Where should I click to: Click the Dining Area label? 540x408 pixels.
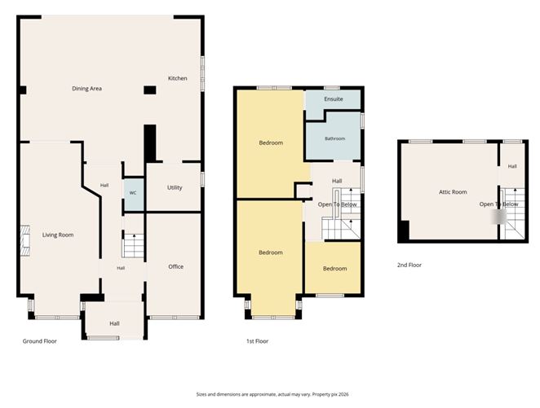(x=86, y=89)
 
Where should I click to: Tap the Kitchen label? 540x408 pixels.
(x=178, y=78)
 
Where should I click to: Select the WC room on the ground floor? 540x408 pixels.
(x=134, y=194)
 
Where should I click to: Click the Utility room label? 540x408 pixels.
(x=175, y=187)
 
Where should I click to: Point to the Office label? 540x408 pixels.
(x=175, y=267)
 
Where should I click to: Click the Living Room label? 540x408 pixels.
(x=58, y=235)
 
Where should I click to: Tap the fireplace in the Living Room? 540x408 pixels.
(x=25, y=240)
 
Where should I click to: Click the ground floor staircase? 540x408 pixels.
(x=133, y=245)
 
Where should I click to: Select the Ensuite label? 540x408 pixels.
(x=334, y=99)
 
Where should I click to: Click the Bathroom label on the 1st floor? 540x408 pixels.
(x=334, y=139)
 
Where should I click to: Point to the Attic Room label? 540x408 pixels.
(x=453, y=192)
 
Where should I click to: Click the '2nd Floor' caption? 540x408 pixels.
(x=409, y=265)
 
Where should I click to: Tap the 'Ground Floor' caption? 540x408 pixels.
(x=40, y=341)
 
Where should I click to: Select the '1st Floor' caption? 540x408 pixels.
(x=257, y=341)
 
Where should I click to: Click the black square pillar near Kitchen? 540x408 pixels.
(x=150, y=90)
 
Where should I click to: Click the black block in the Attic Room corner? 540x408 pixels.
(x=404, y=230)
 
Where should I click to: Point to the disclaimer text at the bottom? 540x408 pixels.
(x=272, y=394)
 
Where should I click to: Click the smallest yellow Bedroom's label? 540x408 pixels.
(x=334, y=269)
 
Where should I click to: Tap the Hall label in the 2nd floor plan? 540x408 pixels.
(x=512, y=166)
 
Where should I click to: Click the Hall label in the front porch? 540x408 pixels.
(x=115, y=324)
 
